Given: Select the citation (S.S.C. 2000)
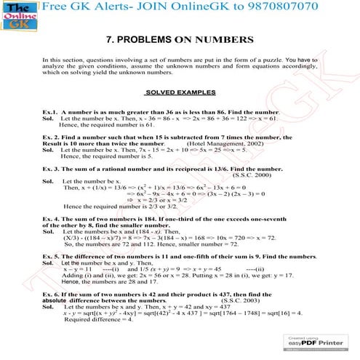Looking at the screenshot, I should (252, 175).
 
